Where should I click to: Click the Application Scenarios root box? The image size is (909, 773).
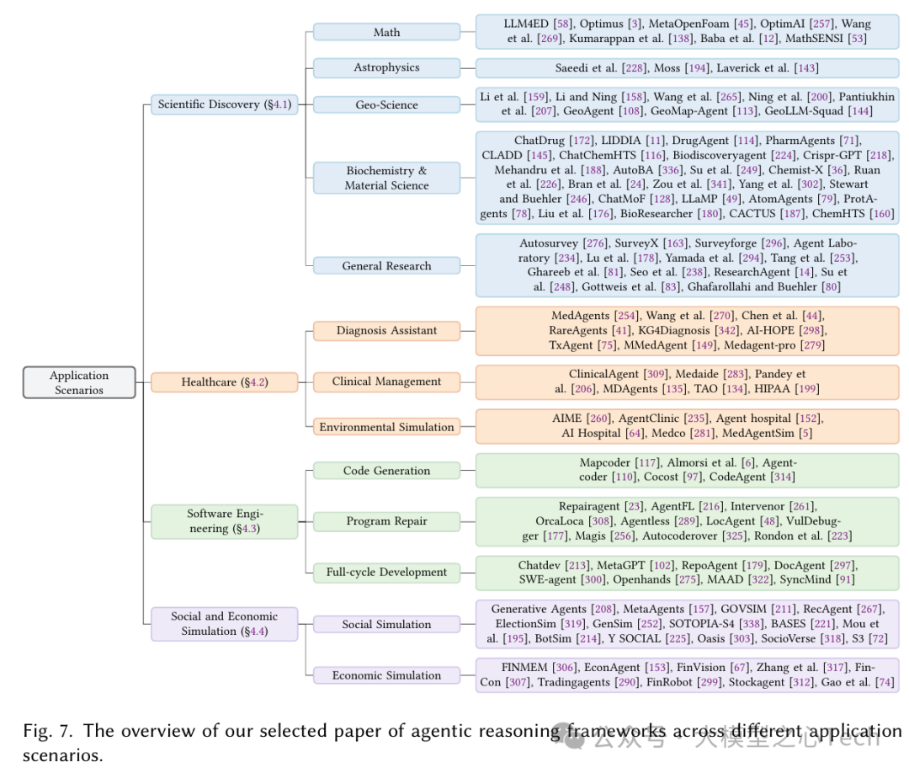click(x=79, y=382)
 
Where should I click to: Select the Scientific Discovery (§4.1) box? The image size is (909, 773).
click(x=224, y=104)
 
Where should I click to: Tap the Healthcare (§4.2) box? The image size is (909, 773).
click(x=224, y=382)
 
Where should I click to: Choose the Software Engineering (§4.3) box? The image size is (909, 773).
click(x=224, y=521)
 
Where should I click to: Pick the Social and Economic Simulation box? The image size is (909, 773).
click(x=224, y=624)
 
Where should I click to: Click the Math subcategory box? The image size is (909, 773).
click(x=386, y=32)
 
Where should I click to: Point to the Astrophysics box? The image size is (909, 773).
click(x=386, y=67)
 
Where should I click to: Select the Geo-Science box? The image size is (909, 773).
click(x=386, y=104)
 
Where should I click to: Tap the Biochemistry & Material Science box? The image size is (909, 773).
click(x=386, y=178)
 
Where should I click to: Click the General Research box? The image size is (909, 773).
click(x=386, y=265)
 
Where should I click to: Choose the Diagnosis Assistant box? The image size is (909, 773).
click(x=386, y=330)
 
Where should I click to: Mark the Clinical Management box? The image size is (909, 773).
click(x=386, y=381)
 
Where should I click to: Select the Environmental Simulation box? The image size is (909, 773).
click(x=386, y=427)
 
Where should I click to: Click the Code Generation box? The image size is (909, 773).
click(x=386, y=471)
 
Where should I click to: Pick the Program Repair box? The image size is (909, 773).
click(x=386, y=521)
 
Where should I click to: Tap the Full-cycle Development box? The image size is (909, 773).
click(x=386, y=573)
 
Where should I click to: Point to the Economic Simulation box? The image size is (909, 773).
click(x=386, y=675)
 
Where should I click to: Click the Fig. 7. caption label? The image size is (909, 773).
click(x=49, y=731)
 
